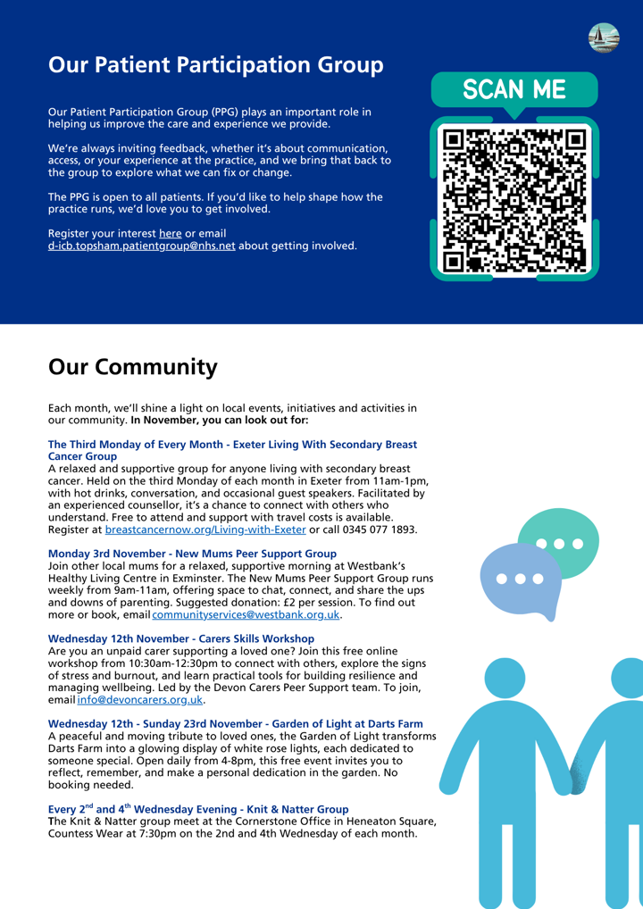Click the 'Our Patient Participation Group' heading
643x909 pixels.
tap(216, 65)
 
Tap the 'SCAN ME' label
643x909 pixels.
tap(514, 89)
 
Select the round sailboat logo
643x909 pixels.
tap(604, 38)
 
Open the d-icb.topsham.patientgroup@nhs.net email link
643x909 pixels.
tap(141, 246)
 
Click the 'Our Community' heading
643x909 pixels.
tap(132, 367)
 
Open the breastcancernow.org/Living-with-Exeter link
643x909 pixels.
tap(205, 530)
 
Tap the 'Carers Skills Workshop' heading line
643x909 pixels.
tap(180, 638)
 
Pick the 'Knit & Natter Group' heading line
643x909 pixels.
tap(197, 808)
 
